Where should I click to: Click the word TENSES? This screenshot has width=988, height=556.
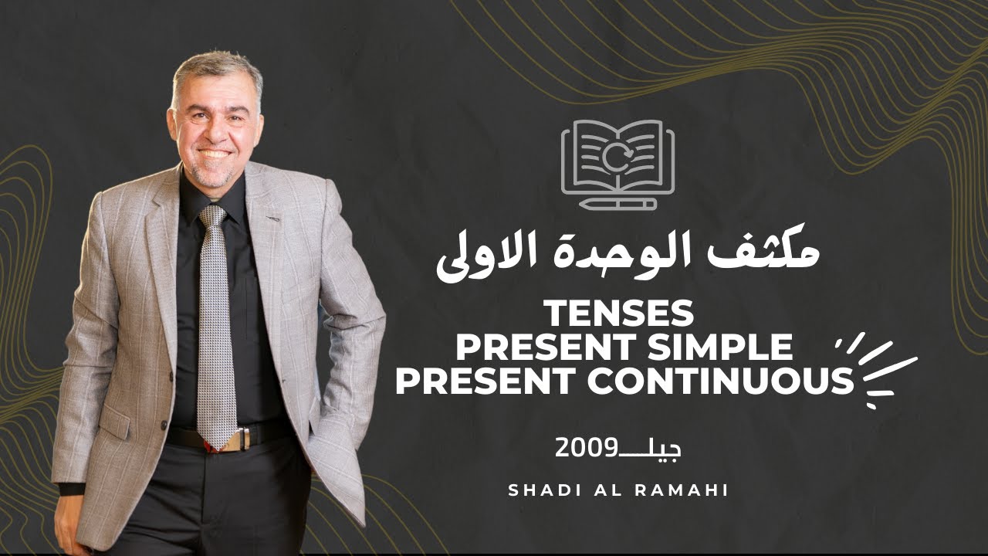[x=620, y=314]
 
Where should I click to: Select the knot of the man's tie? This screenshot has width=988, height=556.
[x=213, y=217]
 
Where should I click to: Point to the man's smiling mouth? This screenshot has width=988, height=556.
[x=215, y=153]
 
